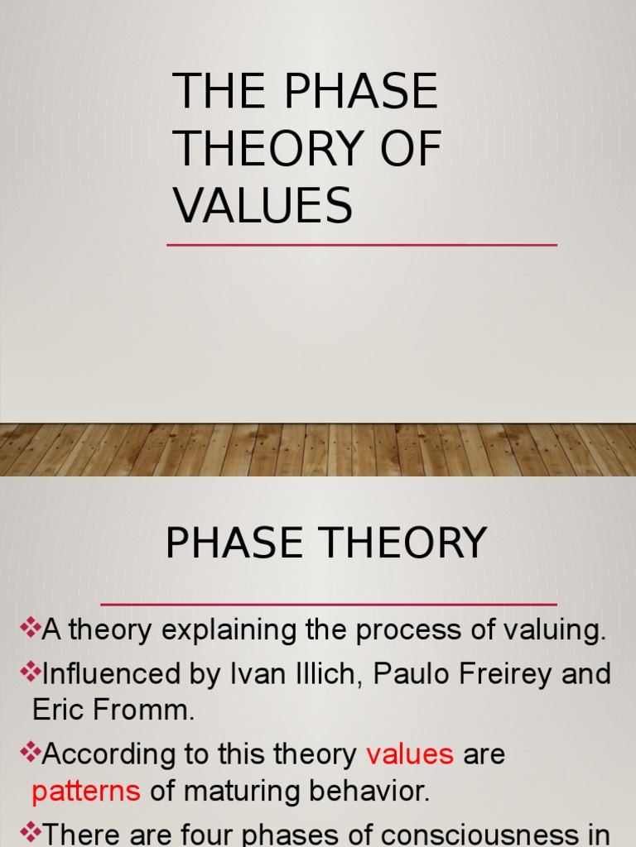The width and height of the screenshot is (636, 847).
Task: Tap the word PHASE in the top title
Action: point(359,91)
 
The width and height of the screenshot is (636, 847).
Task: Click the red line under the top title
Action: point(361,245)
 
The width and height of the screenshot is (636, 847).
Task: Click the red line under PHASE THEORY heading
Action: point(328,604)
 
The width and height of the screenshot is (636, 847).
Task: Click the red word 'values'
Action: point(410,754)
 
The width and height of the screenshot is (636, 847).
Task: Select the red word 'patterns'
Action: point(86,792)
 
